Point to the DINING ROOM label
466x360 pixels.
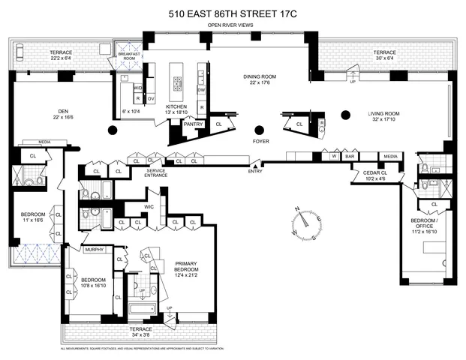tap(257, 79)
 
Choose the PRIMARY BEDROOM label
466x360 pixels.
tap(185, 268)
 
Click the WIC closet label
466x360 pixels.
tap(150, 205)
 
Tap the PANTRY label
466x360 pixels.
tap(194, 124)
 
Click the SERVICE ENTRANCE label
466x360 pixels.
tap(156, 173)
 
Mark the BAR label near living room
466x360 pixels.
tap(348, 157)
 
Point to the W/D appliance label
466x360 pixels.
tap(138, 88)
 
